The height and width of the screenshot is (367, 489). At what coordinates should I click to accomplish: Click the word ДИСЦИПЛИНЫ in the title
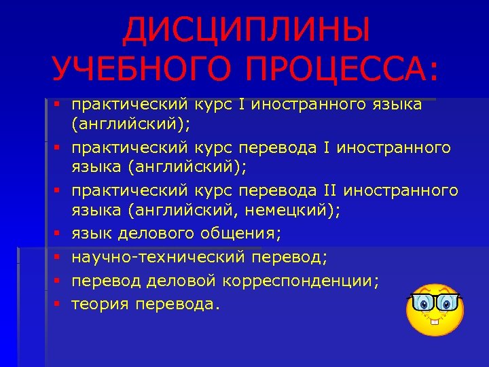click(x=247, y=30)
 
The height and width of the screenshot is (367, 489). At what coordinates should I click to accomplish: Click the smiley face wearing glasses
click(x=435, y=313)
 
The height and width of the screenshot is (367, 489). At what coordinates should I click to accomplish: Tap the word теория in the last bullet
click(x=101, y=304)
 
